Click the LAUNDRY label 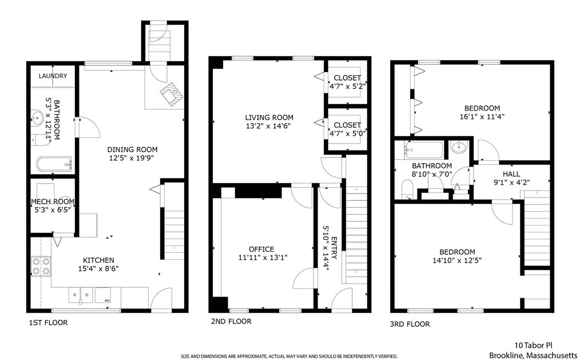tap(53, 76)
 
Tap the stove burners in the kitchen tap(41, 266)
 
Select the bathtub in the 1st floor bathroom tap(54, 164)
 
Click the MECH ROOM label tap(53, 201)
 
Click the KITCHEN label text tap(98, 260)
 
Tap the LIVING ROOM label tap(269, 118)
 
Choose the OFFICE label tap(261, 250)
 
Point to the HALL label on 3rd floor tap(511, 174)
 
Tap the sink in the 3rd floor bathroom tap(459, 147)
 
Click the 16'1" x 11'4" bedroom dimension tap(482, 117)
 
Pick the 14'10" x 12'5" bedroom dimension tap(457, 260)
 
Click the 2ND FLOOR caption tap(231, 322)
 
